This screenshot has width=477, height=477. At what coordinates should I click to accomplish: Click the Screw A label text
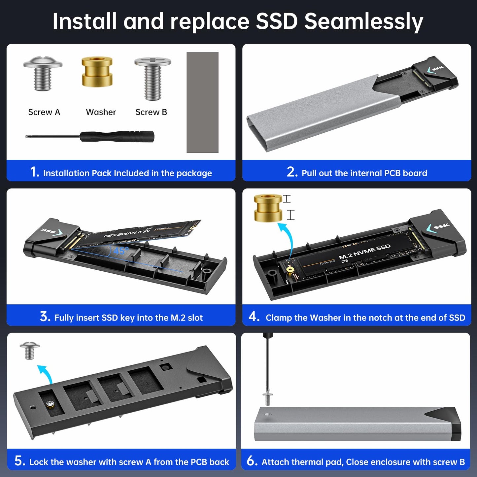click(x=44, y=112)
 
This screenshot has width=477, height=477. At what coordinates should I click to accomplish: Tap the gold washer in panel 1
click(x=97, y=72)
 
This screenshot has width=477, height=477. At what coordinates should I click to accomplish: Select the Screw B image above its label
click(x=153, y=78)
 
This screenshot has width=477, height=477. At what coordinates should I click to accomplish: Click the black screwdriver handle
click(x=118, y=136)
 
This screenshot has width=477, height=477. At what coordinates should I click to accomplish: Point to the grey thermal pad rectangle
click(x=202, y=102)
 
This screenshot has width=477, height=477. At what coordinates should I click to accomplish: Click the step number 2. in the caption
click(x=292, y=172)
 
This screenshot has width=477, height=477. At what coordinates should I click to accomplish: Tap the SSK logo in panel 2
click(x=435, y=69)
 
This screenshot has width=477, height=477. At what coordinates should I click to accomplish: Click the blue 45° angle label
click(x=120, y=251)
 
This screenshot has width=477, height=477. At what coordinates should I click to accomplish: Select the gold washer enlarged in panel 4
click(x=268, y=208)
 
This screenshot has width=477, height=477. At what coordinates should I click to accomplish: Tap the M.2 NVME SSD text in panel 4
click(x=364, y=252)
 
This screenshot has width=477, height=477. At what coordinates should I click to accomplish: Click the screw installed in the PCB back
click(x=50, y=404)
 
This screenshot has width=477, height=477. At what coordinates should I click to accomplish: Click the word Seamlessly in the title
click(x=363, y=21)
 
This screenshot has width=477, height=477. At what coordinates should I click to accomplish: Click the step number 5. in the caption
click(x=19, y=461)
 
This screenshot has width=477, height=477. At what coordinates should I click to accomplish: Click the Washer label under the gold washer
click(x=101, y=112)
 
